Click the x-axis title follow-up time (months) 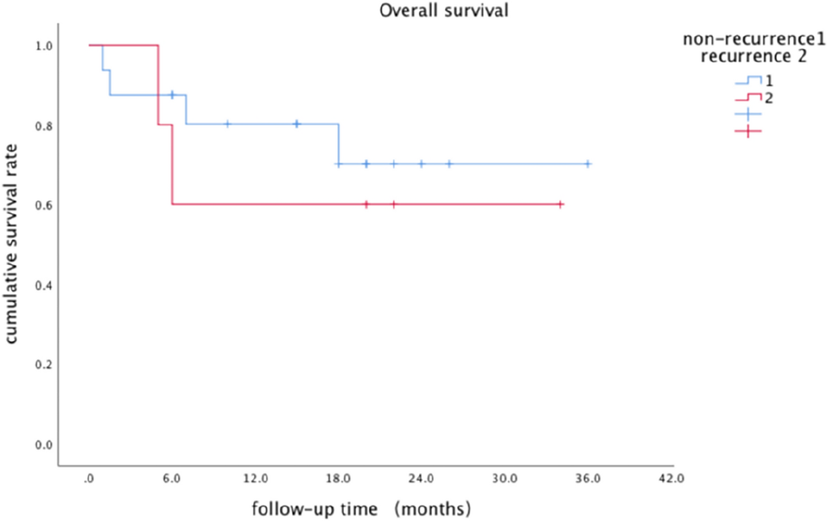[x=362, y=509]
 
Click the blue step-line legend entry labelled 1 [x=748, y=81]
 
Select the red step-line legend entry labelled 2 [x=748, y=98]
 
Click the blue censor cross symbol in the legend [x=748, y=114]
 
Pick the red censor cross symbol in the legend [x=748, y=130]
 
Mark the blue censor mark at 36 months [x=588, y=164]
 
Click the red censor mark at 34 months [x=560, y=204]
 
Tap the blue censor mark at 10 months [x=227, y=124]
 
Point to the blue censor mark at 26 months [x=449, y=164]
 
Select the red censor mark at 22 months [x=394, y=204]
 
